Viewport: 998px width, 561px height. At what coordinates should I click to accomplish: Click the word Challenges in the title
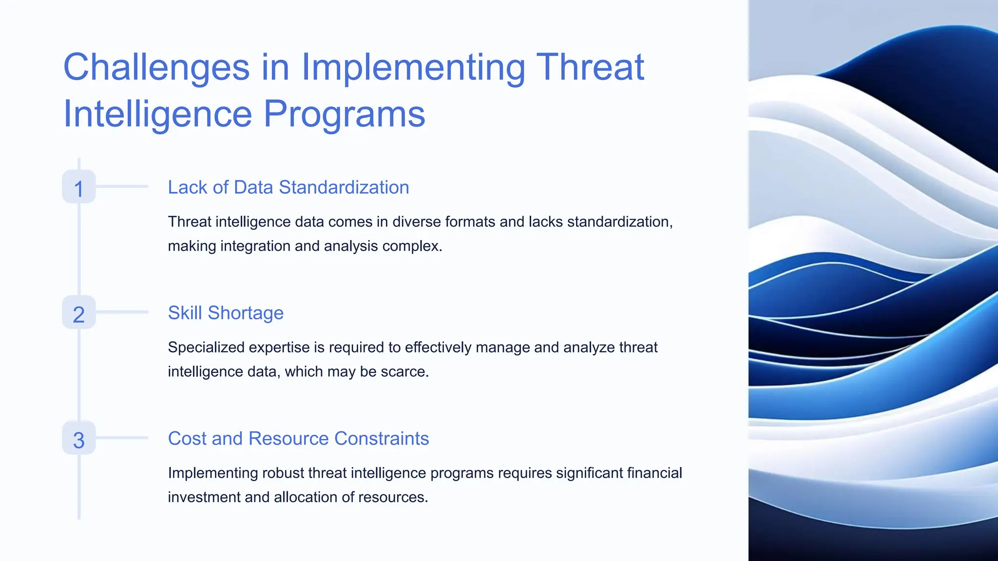point(156,67)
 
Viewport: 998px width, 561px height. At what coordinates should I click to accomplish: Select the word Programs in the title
point(345,114)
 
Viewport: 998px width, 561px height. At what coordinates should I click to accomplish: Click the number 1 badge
point(79,187)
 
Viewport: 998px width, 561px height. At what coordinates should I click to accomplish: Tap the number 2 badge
point(79,313)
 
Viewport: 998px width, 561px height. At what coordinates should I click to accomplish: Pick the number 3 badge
point(79,439)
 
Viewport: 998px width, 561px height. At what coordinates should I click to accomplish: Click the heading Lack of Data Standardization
point(288,187)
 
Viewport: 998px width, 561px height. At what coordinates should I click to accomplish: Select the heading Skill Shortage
point(226,313)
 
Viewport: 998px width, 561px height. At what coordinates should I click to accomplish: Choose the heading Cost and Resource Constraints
point(298,439)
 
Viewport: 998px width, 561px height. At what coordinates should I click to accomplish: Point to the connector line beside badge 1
point(122,186)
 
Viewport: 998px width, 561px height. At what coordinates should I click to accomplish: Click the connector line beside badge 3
point(122,437)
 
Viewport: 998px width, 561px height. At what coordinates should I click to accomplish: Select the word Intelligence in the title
point(157,114)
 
